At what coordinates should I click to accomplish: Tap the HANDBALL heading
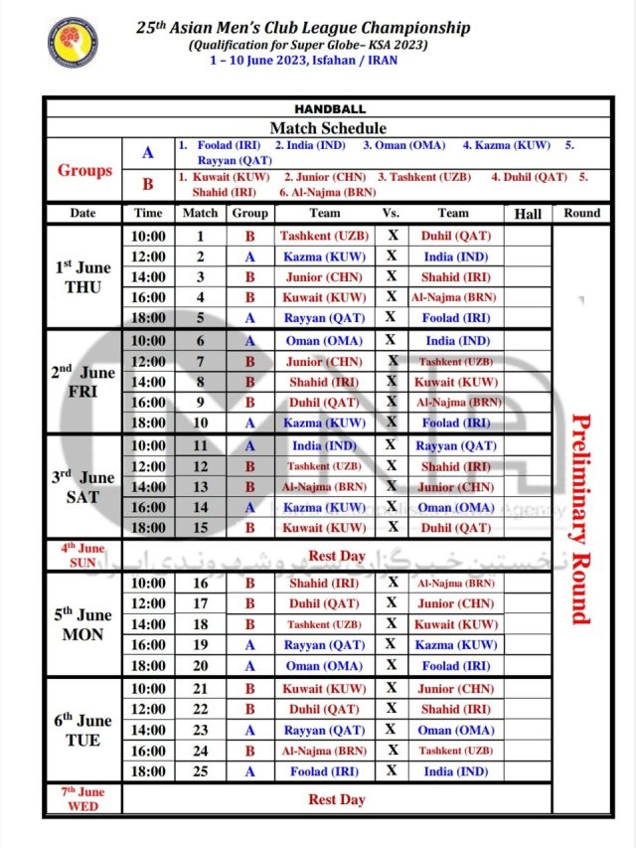click(330, 108)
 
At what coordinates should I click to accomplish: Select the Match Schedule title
click(328, 128)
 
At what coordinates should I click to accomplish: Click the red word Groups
click(84, 170)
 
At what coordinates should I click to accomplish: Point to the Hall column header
click(527, 214)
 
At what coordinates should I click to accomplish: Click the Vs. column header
click(392, 213)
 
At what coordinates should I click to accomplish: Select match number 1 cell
click(200, 237)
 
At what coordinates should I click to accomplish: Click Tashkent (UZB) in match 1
click(312, 237)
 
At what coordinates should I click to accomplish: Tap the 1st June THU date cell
click(83, 276)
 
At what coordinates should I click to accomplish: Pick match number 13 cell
click(200, 487)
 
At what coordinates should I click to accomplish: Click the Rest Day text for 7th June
click(336, 799)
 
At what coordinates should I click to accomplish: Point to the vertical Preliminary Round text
click(581, 517)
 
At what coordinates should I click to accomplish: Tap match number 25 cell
click(200, 771)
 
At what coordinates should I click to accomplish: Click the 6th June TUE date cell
click(83, 730)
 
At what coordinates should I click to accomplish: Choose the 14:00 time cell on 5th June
click(149, 624)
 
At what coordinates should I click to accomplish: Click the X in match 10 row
click(392, 424)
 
